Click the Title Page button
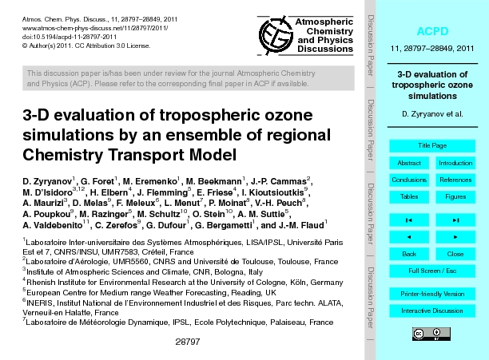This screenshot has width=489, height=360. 432,145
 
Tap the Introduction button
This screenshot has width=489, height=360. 455,163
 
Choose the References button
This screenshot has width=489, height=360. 455,180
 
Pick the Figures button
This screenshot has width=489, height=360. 455,196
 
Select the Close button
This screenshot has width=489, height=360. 455,254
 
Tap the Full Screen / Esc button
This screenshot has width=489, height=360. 432,271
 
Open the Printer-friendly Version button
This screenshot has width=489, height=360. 432,294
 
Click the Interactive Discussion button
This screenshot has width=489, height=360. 432,311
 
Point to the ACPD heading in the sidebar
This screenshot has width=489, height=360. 432,31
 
